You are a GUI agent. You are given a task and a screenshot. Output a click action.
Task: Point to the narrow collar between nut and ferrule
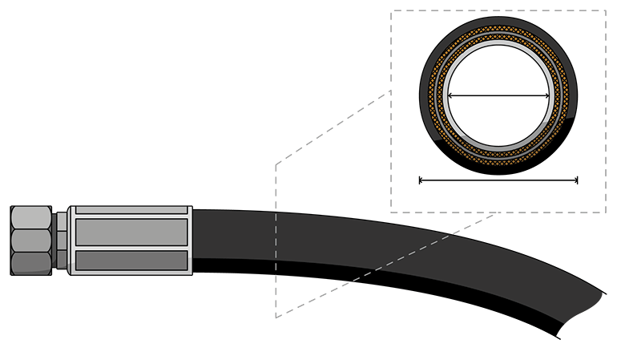pyautogui.click(x=60, y=241)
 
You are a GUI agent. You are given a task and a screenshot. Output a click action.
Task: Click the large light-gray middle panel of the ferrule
pyautogui.click(x=132, y=232)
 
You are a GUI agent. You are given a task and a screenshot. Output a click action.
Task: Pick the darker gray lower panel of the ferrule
pyautogui.click(x=132, y=260)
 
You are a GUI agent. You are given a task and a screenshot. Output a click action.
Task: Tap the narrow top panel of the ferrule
pyautogui.click(x=132, y=211)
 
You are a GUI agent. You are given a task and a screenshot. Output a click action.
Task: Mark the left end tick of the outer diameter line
pyautogui.click(x=420, y=180)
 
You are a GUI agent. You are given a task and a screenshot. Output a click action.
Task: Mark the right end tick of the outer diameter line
pyautogui.click(x=577, y=180)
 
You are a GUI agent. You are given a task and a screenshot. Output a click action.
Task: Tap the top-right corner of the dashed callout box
pyautogui.click(x=607, y=10)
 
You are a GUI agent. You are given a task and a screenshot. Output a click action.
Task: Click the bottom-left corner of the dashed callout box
pyautogui.click(x=390, y=212)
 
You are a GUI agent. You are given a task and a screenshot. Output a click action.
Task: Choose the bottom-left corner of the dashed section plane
pyautogui.click(x=276, y=318)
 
